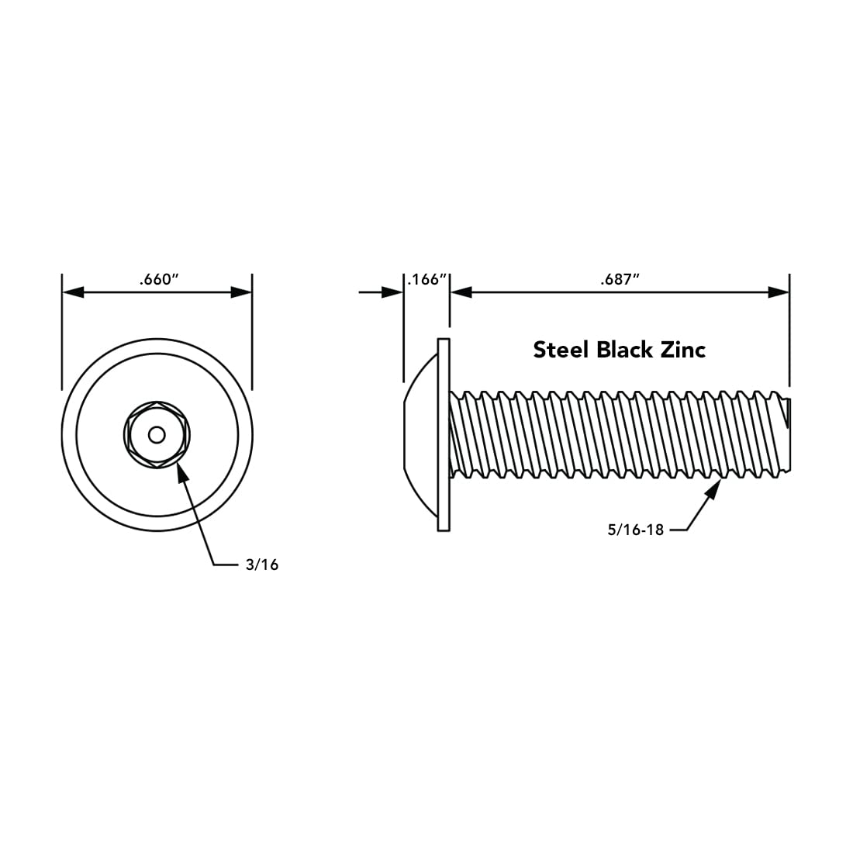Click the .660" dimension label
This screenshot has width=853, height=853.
(159, 280)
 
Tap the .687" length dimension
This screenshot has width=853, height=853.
(619, 280)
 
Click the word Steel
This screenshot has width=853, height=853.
(561, 350)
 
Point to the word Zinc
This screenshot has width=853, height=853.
(682, 350)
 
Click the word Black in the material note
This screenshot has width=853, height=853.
(624, 350)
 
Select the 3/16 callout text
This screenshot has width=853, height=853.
(261, 565)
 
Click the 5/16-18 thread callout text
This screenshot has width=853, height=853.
(636, 530)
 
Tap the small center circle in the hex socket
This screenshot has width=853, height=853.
(157, 434)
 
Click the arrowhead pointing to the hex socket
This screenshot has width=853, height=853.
(183, 472)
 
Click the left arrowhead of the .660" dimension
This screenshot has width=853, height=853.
(73, 292)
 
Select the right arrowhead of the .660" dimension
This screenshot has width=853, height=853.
(241, 292)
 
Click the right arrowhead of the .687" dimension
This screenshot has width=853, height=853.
(779, 292)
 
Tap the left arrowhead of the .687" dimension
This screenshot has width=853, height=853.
(461, 292)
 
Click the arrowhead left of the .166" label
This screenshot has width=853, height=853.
(392, 292)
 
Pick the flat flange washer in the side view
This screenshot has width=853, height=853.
(444, 434)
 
